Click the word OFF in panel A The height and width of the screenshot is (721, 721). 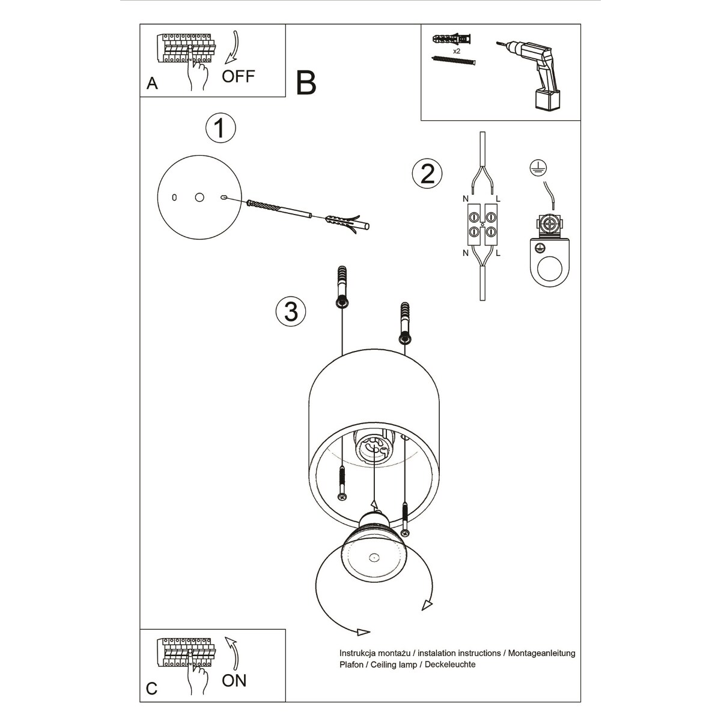point(239,76)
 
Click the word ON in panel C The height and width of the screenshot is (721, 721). point(234,680)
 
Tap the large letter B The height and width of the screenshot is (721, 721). point(306,83)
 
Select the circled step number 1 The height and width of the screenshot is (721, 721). point(220,128)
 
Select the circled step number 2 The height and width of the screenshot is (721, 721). point(427,174)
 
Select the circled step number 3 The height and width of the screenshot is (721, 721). point(290,311)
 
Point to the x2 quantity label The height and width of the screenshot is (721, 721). point(457,52)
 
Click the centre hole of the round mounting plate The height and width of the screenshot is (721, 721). point(200,197)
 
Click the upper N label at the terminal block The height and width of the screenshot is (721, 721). point(465,198)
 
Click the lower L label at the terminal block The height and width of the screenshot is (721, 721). point(499,253)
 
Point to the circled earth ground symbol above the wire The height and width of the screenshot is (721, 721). point(536,169)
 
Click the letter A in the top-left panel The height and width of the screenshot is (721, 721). point(152,84)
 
